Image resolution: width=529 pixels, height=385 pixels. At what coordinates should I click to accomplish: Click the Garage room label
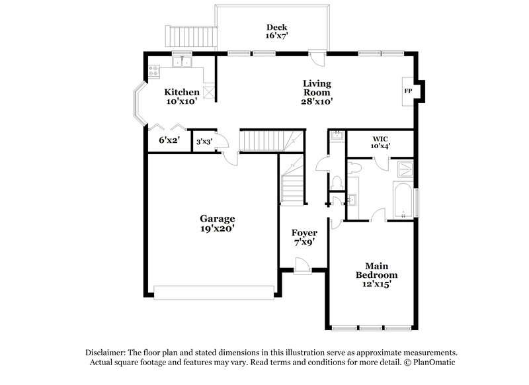(x=218, y=218)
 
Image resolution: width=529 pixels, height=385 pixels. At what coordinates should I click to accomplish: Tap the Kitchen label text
(x=182, y=92)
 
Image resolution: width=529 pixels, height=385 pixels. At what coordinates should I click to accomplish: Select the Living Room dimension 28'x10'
(x=317, y=102)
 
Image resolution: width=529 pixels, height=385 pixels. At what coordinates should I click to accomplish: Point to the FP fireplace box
(x=408, y=91)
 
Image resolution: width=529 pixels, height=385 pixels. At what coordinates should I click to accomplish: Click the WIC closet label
(x=380, y=138)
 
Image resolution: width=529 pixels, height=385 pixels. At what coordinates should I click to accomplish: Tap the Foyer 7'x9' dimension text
(x=304, y=243)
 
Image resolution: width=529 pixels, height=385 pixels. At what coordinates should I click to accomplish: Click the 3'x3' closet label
(x=203, y=141)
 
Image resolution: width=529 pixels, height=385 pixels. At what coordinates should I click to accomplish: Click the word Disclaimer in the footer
(x=108, y=353)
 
